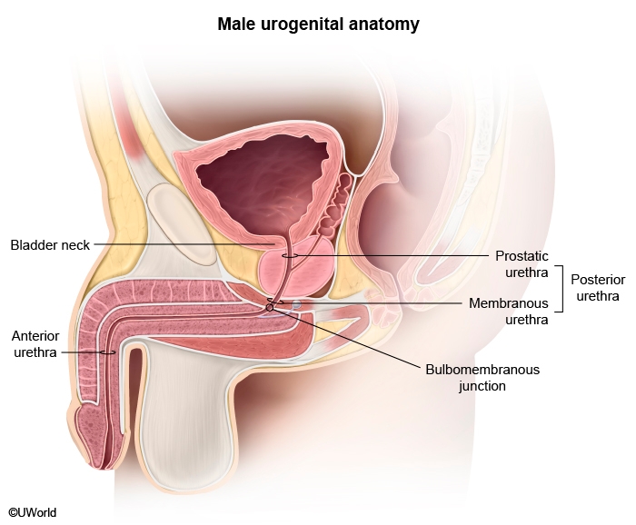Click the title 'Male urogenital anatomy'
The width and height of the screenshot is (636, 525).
coord(318,24)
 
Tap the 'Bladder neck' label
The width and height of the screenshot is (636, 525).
coord(50,245)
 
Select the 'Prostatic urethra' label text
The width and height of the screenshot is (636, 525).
coord(522,264)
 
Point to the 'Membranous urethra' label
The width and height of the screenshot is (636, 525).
coord(509,311)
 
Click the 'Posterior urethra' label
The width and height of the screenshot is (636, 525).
coord(598,287)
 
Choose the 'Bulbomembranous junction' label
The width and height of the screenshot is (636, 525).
coord(482,378)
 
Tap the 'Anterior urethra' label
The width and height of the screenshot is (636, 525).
coord(35,343)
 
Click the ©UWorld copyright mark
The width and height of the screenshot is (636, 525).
coord(33,512)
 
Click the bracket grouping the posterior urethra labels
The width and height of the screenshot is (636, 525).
coord(561,289)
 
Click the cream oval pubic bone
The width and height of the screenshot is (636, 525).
coord(181,223)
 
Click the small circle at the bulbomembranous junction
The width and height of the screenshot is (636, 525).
coord(269,308)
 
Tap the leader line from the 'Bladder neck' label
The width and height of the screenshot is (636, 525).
coord(185,244)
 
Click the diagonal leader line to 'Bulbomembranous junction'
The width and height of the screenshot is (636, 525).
coord(346,337)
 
